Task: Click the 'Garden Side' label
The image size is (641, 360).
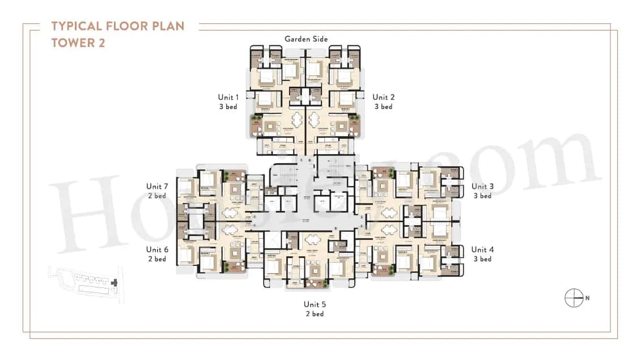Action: click(306, 39)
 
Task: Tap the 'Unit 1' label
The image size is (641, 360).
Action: click(228, 97)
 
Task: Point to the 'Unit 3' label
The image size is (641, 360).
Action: click(482, 186)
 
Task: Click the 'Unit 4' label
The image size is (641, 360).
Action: click(482, 249)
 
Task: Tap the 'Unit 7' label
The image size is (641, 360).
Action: click(157, 186)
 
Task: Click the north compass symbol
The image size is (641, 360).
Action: click(574, 298)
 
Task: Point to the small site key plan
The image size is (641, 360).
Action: click(86, 283)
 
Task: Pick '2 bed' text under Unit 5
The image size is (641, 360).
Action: click(314, 314)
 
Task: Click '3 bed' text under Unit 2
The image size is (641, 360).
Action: click(384, 107)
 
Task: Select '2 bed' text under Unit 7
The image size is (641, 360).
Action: click(157, 196)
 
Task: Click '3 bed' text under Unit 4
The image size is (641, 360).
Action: click(482, 259)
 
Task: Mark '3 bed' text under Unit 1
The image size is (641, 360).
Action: click(228, 107)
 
